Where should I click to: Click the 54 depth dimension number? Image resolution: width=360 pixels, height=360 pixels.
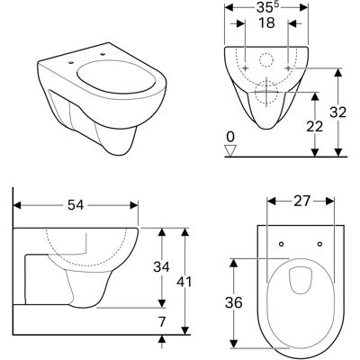pyautogui.click(x=76, y=205)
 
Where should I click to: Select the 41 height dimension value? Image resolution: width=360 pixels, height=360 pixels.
pyautogui.click(x=184, y=282)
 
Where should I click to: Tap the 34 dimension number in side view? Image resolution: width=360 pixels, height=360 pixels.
pyautogui.click(x=161, y=266)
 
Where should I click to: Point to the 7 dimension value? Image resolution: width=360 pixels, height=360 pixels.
pyautogui.click(x=162, y=322)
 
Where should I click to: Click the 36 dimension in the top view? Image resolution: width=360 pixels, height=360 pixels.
pyautogui.click(x=233, y=302)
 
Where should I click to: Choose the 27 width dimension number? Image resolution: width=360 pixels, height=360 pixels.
pyautogui.click(x=301, y=202)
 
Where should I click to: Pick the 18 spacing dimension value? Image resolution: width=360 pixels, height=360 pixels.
pyautogui.click(x=266, y=23)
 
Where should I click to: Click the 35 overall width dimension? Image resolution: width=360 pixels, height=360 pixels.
pyautogui.click(x=266, y=8)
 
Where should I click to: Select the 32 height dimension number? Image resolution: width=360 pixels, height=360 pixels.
pyautogui.click(x=338, y=112)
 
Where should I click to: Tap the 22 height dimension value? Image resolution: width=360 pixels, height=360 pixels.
pyautogui.click(x=314, y=126)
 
